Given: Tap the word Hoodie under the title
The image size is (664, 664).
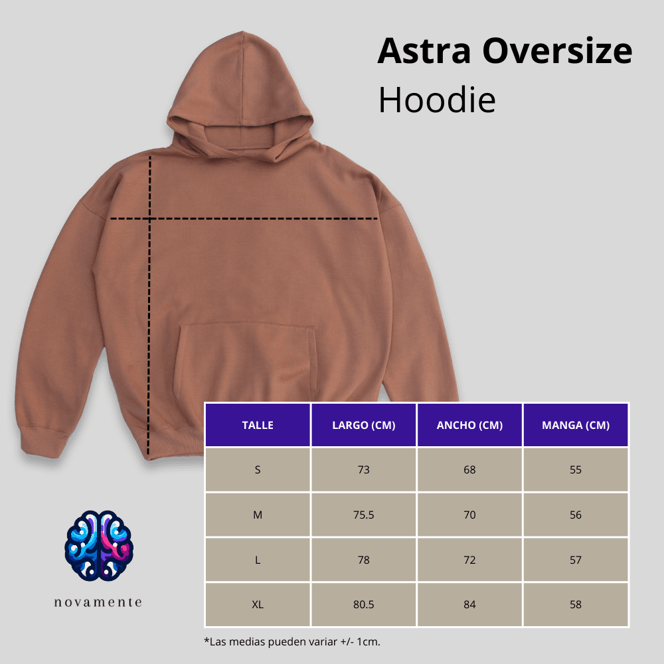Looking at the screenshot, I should [437, 100].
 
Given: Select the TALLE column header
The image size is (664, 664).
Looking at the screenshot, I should [258, 425].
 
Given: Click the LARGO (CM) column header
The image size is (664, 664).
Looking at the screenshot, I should [363, 425].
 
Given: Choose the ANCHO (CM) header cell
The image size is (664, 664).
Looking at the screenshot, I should [469, 425].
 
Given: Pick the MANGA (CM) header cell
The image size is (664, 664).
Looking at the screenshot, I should [575, 425].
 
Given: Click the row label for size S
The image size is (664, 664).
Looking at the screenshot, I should [258, 469].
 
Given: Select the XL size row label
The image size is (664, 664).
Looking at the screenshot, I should [258, 604].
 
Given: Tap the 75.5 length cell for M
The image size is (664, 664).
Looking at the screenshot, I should [363, 515].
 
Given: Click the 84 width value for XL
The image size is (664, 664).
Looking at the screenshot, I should [469, 604].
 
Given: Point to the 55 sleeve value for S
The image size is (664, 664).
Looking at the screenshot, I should [575, 469].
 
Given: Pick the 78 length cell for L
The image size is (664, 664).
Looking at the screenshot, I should [363, 560].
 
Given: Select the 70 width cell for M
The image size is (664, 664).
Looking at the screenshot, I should [469, 515].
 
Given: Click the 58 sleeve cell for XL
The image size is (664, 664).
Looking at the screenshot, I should [575, 604].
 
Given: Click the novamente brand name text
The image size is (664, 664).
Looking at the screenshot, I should [98, 602].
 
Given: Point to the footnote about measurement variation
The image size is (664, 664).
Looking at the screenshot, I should [292, 642].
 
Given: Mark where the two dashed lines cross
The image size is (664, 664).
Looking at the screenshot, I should [149, 218].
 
